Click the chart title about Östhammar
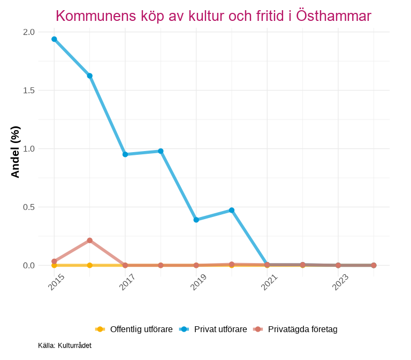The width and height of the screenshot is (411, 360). click(213, 16)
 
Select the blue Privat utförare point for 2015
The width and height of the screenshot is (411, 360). click(54, 39)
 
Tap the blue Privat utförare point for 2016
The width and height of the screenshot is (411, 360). click(90, 76)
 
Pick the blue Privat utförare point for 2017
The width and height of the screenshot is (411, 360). click(125, 154)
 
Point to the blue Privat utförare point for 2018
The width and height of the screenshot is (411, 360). click(161, 151)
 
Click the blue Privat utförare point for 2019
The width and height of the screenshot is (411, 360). click(196, 220)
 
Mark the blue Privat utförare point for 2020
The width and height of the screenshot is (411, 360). click(232, 210)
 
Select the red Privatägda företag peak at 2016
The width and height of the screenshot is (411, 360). click(90, 241)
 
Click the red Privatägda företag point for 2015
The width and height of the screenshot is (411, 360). click(54, 261)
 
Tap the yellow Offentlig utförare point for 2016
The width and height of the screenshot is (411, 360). click(90, 265)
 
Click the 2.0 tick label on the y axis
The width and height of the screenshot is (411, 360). click(29, 32)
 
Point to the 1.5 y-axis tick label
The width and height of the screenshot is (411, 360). click(29, 91)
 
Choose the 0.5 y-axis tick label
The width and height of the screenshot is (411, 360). click(29, 207)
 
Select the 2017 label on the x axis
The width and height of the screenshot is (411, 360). click(127, 282)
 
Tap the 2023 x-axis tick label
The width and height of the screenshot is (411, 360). click(340, 282)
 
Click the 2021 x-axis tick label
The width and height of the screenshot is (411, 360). click(269, 282)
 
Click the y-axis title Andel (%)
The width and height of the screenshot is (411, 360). click(16, 152)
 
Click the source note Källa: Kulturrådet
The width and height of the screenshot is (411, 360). click(65, 346)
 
